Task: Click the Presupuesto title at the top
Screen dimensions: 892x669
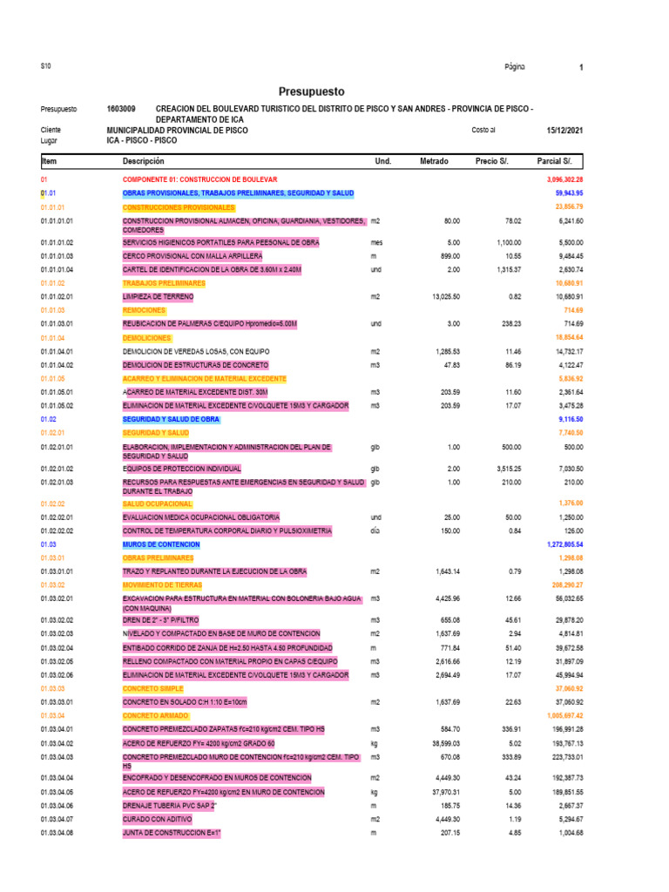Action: click(312, 91)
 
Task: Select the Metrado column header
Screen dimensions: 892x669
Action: click(434, 162)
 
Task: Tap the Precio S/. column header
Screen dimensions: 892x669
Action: click(497, 162)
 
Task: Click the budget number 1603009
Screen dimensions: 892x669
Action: click(121, 109)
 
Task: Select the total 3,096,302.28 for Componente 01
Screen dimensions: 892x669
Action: click(559, 179)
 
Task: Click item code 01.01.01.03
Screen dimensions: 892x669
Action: click(57, 256)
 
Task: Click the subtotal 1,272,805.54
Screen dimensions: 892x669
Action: click(557, 544)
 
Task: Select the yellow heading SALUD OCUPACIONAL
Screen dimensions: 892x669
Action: click(157, 503)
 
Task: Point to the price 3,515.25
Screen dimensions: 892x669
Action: click(503, 468)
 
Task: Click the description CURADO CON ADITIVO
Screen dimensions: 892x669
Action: click(159, 820)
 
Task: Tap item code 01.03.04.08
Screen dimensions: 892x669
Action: click(57, 833)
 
